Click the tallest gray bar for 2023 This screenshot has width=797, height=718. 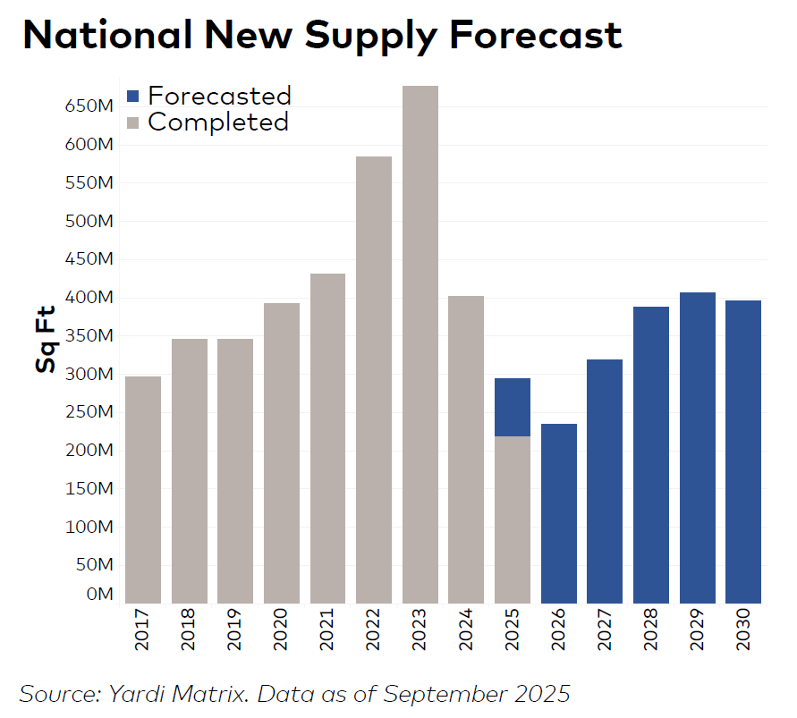(x=420, y=344)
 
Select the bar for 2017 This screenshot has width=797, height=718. (x=143, y=489)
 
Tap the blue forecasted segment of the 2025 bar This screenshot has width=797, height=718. (x=513, y=407)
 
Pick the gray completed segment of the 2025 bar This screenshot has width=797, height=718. (x=513, y=519)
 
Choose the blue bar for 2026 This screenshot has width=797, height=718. (x=559, y=513)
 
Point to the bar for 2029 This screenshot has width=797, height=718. (x=698, y=447)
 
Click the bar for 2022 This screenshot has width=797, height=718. (x=374, y=379)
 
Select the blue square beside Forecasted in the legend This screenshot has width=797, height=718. (x=133, y=96)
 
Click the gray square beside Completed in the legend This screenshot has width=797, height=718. (x=133, y=122)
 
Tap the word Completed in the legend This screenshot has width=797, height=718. (x=218, y=122)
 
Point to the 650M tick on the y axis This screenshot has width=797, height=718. (x=88, y=106)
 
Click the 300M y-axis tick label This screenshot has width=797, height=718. (x=88, y=374)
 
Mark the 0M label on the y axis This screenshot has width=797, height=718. (x=99, y=595)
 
